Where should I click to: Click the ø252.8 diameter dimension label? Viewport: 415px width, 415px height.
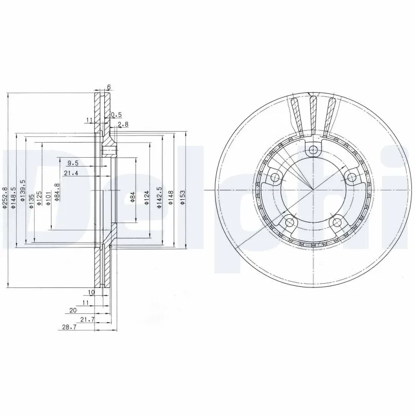(5, 198)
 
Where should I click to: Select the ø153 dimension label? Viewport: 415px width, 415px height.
(183, 198)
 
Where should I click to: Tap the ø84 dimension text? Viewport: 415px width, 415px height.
(132, 197)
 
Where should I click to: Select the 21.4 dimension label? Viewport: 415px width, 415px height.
(71, 173)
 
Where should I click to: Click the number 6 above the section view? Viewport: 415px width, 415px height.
(109, 87)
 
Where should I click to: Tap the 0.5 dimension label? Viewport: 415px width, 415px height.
(117, 114)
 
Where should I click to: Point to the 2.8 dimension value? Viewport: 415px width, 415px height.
(122, 125)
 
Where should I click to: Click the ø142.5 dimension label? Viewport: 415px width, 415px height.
(160, 197)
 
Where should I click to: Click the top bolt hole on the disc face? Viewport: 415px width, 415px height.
(312, 150)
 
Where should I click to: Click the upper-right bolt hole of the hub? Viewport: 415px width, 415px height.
(352, 178)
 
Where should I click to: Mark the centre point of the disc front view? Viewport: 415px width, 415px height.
(313, 190)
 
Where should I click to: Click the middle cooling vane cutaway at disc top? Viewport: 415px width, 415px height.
(313, 112)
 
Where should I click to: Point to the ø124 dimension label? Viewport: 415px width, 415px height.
(147, 198)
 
